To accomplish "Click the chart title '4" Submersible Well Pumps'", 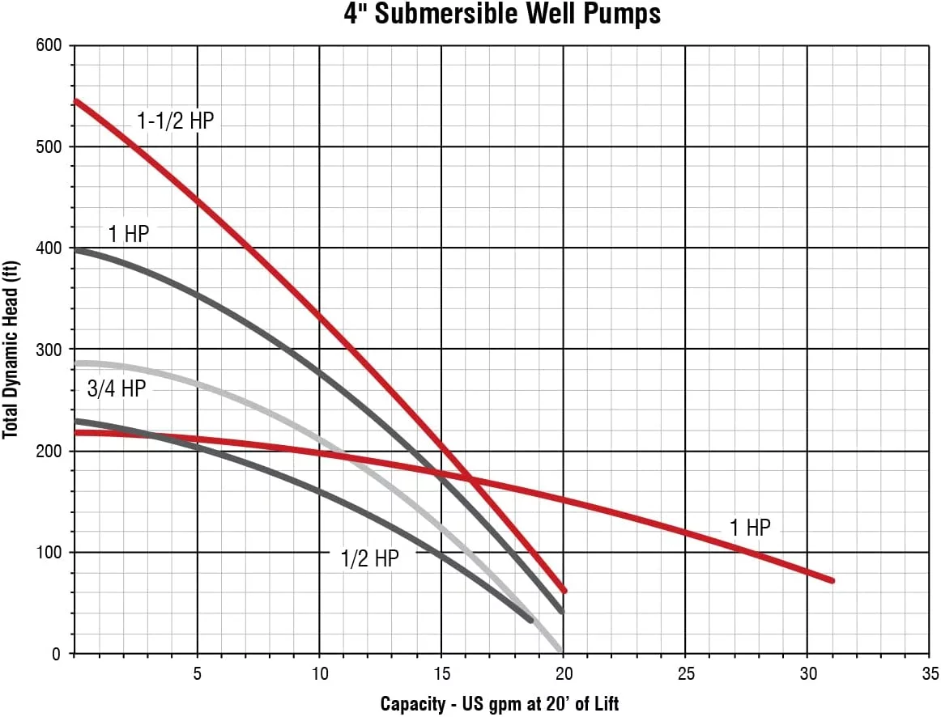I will [470, 14].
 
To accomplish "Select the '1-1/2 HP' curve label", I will [175, 121].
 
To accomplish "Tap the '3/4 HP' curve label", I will [116, 388].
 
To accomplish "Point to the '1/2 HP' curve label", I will [369, 558].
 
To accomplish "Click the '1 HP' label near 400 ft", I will [129, 235].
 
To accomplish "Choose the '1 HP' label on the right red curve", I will [750, 528].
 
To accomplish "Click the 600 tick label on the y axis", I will [49, 45].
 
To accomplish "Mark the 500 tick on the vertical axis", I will [49, 146].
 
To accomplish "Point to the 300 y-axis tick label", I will [49, 350].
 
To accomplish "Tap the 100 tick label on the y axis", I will [49, 553].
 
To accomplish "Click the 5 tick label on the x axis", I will [197, 674].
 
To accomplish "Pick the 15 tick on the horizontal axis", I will [441, 674].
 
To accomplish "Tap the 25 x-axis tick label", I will [685, 674].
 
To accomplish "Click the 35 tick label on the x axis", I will [929, 674].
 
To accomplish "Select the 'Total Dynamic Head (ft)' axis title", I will [11, 350].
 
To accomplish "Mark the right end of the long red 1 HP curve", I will [831, 580].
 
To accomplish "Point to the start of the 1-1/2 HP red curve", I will [75, 101].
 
